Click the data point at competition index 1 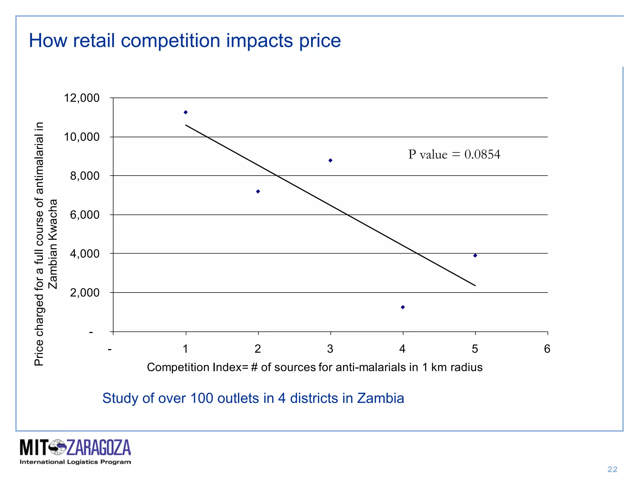coord(186,112)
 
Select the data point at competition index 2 coord(258,191)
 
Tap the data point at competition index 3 coord(330,161)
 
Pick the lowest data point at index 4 coord(403,307)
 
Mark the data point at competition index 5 coord(475,256)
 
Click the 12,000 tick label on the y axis coord(82,98)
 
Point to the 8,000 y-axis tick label coord(85,176)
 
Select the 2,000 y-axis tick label coord(85,293)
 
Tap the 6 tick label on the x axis coord(547,349)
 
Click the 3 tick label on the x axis coord(330,349)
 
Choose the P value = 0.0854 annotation coord(454,154)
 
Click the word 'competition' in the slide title coord(170,41)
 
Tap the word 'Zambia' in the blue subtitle coord(380,398)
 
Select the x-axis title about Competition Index coord(315,367)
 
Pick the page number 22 coord(612,469)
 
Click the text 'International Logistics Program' coord(75,462)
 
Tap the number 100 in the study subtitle coord(202,398)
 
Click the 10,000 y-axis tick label coord(82,137)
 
